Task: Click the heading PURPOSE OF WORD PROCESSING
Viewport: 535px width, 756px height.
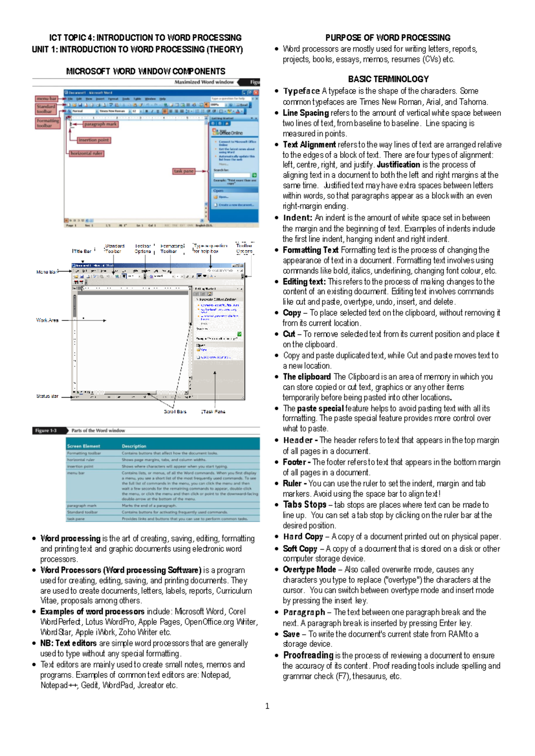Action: [387, 38]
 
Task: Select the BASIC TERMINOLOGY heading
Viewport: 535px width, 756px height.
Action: [388, 79]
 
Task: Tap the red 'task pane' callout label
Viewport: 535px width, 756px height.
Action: [184, 171]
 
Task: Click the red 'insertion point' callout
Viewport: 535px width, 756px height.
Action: [94, 140]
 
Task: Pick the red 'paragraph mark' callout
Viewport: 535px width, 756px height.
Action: [100, 124]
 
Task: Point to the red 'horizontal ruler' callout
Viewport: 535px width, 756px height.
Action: [86, 153]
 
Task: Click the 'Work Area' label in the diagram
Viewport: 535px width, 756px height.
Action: [47, 320]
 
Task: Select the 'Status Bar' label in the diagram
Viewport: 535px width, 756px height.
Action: [47, 396]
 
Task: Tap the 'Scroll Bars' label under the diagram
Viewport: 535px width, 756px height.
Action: [175, 411]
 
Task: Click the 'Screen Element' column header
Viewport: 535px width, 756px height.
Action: [84, 446]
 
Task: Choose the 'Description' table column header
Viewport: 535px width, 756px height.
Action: [134, 446]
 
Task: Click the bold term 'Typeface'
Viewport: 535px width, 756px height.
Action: [301, 91]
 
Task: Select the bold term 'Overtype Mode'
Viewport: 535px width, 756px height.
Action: [309, 570]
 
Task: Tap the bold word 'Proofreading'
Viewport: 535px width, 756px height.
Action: [308, 655]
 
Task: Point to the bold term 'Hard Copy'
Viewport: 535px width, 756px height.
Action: [303, 537]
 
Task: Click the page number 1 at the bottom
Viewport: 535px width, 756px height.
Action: [267, 706]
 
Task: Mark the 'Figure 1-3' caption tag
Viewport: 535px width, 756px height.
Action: [46, 431]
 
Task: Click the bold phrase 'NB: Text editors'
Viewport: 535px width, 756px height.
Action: [69, 643]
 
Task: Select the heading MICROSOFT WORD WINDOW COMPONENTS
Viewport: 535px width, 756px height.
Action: [146, 71]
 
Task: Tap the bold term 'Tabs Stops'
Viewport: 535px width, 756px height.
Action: [305, 505]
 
